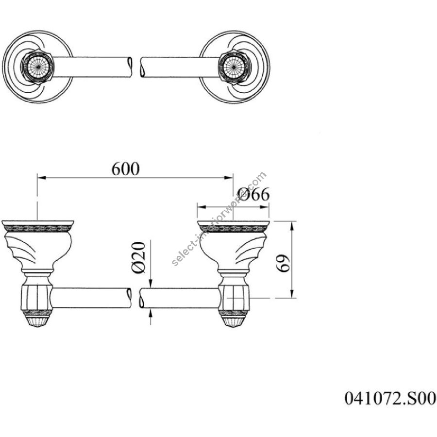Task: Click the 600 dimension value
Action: point(125,169)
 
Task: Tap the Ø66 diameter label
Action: point(253,194)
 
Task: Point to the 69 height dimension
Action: point(284,263)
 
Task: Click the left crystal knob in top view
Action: point(37,67)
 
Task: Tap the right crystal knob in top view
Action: point(234,67)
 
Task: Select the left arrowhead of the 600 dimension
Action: point(41,178)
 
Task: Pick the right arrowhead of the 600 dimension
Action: point(229,178)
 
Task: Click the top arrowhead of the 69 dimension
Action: point(292,225)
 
